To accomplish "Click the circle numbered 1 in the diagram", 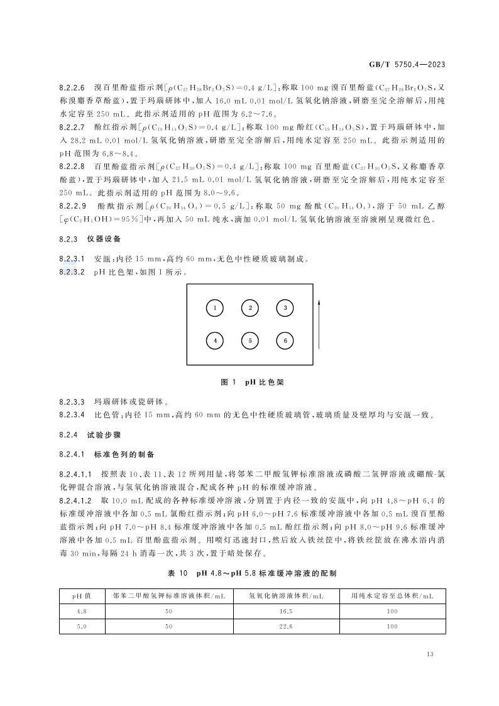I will (215, 308).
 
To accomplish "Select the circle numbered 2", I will (250, 308).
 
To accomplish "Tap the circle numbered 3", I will (285, 308).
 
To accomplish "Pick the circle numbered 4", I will (215, 341).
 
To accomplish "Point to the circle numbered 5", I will (250, 341).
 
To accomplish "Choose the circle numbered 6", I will (285, 341).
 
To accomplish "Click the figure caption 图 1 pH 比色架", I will (249, 382).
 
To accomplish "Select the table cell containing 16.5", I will (286, 610).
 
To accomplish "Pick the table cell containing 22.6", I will (286, 626).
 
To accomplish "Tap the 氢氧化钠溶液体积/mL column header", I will (286, 595).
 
